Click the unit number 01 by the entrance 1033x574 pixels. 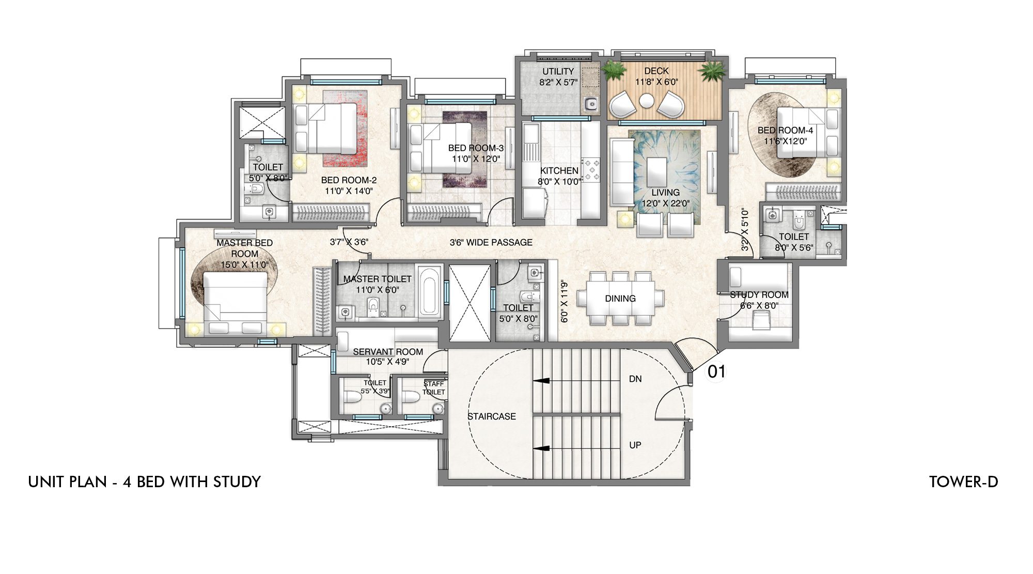coord(716,371)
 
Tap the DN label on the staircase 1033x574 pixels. coord(635,379)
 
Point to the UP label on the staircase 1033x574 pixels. coord(635,445)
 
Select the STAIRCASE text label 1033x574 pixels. coord(491,416)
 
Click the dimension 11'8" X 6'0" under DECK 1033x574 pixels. coord(656,82)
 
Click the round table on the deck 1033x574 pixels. coord(646,101)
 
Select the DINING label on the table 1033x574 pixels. coord(620,299)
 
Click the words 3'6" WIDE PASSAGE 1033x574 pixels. coord(491,242)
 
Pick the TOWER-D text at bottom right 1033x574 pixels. coord(963,482)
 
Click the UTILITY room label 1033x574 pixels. coord(558,71)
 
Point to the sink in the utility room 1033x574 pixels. coord(590,105)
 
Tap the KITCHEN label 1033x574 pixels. coord(559,170)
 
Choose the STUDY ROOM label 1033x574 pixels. coord(759,295)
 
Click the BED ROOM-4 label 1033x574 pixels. coord(785,130)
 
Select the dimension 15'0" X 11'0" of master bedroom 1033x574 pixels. coord(245,265)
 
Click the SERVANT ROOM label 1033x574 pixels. coord(388,352)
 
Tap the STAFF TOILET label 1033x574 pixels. coord(433,388)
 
